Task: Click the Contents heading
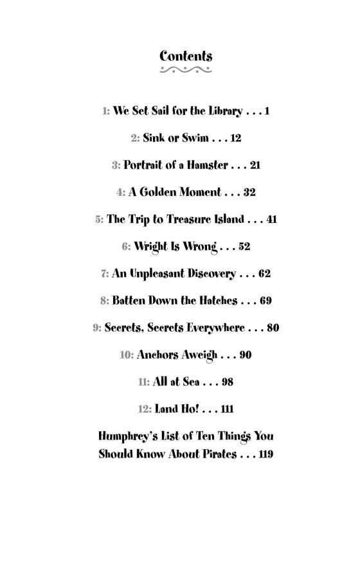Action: click(186, 56)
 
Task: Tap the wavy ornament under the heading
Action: click(186, 70)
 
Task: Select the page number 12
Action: click(235, 138)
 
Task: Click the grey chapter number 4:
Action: click(121, 192)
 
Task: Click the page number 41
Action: click(271, 219)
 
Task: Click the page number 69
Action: click(265, 301)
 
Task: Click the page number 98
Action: click(227, 382)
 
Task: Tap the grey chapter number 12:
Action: click(145, 409)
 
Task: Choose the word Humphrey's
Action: click(129, 436)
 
